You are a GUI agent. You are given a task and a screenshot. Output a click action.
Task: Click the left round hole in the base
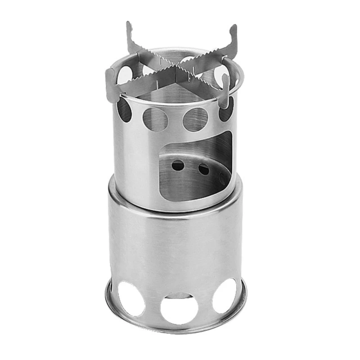130,298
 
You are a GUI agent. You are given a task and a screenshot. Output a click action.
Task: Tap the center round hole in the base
179,308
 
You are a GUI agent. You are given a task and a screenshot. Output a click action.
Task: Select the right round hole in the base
225,296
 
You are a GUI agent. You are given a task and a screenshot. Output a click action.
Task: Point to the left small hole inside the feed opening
178,166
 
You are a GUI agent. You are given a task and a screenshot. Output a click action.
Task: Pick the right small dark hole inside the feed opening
203,169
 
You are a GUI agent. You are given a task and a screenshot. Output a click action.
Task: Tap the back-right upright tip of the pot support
233,31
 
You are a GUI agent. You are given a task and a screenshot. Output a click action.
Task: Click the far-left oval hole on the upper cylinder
125,109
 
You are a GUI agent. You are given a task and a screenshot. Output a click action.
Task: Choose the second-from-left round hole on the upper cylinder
155,119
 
